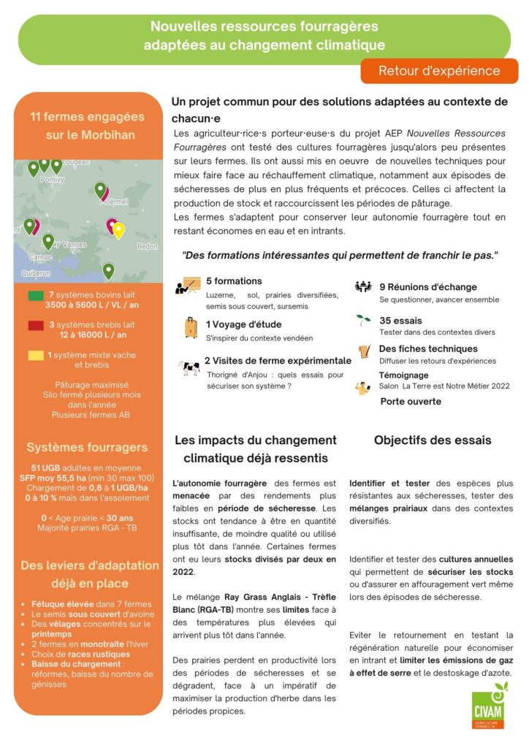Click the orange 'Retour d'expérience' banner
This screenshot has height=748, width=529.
[x=439, y=71]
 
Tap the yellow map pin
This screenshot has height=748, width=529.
[x=118, y=230]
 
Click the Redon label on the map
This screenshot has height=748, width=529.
[x=147, y=246]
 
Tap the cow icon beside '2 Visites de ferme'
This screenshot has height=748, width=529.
[x=189, y=367]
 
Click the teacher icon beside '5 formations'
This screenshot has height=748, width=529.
[x=189, y=286]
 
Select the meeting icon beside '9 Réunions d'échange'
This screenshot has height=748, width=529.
[x=363, y=287]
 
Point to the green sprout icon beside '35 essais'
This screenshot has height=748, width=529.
[x=363, y=320]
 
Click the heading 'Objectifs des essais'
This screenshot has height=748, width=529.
[x=433, y=440]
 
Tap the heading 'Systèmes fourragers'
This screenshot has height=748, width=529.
[x=87, y=447]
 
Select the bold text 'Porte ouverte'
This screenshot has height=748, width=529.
[x=411, y=401]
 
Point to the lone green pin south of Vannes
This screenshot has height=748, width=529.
[x=108, y=271]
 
